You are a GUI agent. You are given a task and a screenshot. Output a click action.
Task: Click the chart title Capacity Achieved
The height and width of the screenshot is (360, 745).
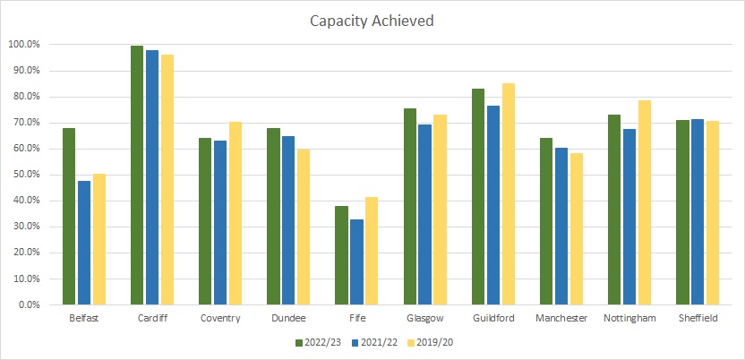click(372, 20)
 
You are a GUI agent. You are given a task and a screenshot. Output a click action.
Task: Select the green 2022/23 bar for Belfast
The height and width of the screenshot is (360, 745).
click(69, 216)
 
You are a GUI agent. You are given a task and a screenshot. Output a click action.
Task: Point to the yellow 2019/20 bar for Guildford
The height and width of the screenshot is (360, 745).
click(508, 193)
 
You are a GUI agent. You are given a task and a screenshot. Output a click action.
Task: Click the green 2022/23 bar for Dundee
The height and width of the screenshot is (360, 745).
click(273, 216)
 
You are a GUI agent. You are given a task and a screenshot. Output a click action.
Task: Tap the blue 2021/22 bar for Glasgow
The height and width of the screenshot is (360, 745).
click(424, 214)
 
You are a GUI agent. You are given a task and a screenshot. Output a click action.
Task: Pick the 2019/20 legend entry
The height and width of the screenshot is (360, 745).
click(430, 341)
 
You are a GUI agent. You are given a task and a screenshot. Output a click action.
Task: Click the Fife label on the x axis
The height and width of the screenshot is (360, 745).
click(356, 319)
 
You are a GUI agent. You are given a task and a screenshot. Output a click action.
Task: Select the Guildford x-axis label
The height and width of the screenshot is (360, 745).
click(493, 319)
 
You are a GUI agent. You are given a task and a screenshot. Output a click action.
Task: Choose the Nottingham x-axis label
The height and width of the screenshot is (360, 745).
click(629, 319)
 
